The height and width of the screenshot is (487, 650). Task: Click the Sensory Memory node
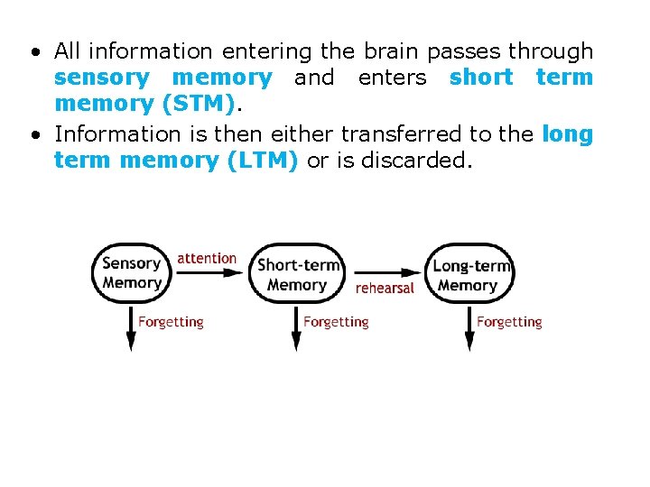pos(132,272)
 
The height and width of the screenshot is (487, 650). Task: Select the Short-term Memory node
pos(297,273)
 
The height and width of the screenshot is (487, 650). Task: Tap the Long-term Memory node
pos(469,274)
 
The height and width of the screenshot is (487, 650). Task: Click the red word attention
pos(207,258)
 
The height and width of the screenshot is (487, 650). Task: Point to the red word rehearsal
pos(385,289)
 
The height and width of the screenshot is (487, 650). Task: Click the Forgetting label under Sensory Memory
pos(171,322)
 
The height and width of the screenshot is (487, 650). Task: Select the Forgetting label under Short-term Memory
pos(336,322)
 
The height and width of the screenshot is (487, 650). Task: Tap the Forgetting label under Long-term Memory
pos(509,322)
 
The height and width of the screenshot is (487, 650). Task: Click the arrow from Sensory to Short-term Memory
pos(209,272)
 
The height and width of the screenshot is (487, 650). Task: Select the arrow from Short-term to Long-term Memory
pos(385,272)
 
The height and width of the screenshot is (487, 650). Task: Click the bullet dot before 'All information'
pos(33,51)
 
